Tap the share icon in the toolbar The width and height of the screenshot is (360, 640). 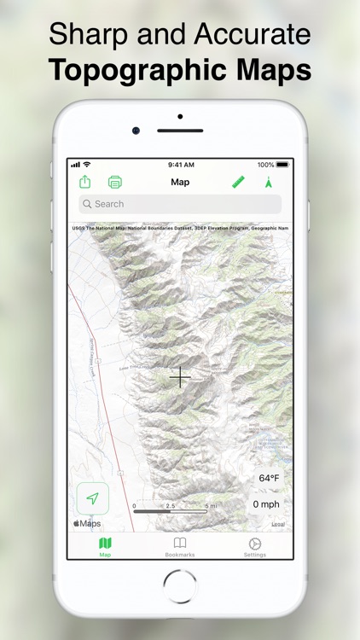[x=85, y=182]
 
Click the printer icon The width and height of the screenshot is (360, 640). [x=115, y=182]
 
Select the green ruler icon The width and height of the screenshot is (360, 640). [x=238, y=182]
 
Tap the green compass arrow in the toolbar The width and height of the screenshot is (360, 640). [x=268, y=182]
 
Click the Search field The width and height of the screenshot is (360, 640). [x=180, y=204]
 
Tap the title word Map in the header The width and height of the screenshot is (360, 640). [x=180, y=182]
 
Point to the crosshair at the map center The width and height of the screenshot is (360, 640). [x=181, y=376]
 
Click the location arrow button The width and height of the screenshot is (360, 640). [x=92, y=498]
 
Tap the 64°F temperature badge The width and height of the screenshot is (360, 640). [x=269, y=478]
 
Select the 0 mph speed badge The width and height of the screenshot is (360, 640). [x=266, y=503]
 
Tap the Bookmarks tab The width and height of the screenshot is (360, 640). [x=180, y=547]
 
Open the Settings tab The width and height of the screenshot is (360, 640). [x=254, y=547]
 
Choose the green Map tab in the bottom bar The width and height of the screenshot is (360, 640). [x=105, y=547]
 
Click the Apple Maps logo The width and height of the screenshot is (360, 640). [x=87, y=523]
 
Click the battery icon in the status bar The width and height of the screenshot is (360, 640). [x=282, y=165]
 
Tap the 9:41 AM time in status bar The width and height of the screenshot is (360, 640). [x=180, y=165]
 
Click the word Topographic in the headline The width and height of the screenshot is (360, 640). [x=145, y=70]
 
